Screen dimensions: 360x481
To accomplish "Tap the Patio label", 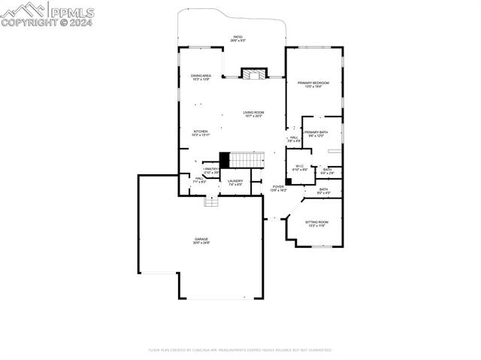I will (237, 38).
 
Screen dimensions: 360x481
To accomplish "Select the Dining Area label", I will (201, 77).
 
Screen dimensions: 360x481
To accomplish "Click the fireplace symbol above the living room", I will (253, 74).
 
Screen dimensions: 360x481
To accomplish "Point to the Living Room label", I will (253, 114).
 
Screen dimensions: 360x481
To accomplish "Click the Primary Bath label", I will (315, 134).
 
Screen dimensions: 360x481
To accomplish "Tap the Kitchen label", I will (201, 132).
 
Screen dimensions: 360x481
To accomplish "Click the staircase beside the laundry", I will (247, 159).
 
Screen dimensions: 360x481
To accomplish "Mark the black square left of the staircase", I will (224, 159).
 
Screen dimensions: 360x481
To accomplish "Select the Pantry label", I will (211, 171).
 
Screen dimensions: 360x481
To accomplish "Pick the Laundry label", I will (235, 182).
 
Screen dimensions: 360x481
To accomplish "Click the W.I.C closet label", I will (299, 168).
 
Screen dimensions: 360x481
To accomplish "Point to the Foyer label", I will (278, 188).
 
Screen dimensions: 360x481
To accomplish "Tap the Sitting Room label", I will (316, 223).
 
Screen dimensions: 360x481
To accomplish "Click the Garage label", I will (201, 241).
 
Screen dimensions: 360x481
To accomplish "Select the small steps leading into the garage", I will (211, 201).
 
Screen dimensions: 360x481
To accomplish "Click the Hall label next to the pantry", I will (199, 180).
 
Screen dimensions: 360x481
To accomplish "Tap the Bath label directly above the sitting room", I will (323, 191).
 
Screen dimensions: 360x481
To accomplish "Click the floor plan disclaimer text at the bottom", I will (240, 349).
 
